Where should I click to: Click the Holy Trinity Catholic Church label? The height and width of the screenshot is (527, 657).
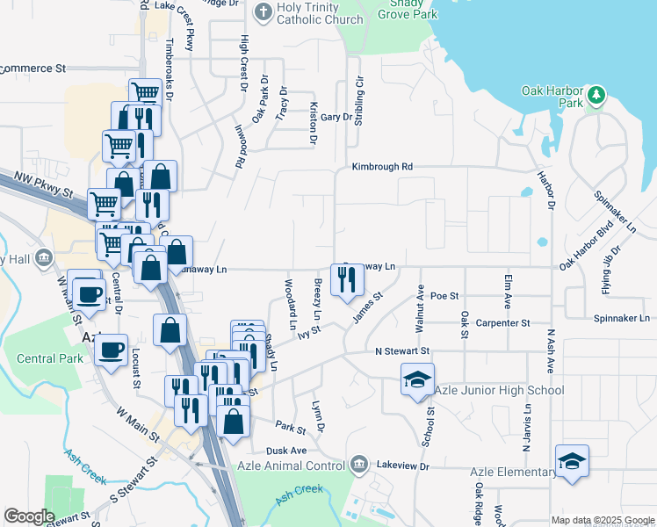click(319, 13)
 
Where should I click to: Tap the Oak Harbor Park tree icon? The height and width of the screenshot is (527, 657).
click(596, 94)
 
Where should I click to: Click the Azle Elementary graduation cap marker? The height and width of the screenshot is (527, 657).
click(572, 460)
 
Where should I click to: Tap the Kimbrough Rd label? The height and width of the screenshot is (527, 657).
click(382, 166)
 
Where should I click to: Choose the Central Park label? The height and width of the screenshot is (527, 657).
click(50, 358)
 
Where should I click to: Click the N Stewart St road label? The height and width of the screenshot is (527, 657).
click(401, 351)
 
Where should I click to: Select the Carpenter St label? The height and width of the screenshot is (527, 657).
click(502, 323)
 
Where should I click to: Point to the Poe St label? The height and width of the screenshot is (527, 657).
click(445, 297)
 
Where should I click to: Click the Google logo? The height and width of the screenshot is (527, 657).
click(29, 516)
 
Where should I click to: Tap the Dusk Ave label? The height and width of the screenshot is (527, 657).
click(286, 451)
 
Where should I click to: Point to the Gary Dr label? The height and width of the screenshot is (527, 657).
click(336, 117)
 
